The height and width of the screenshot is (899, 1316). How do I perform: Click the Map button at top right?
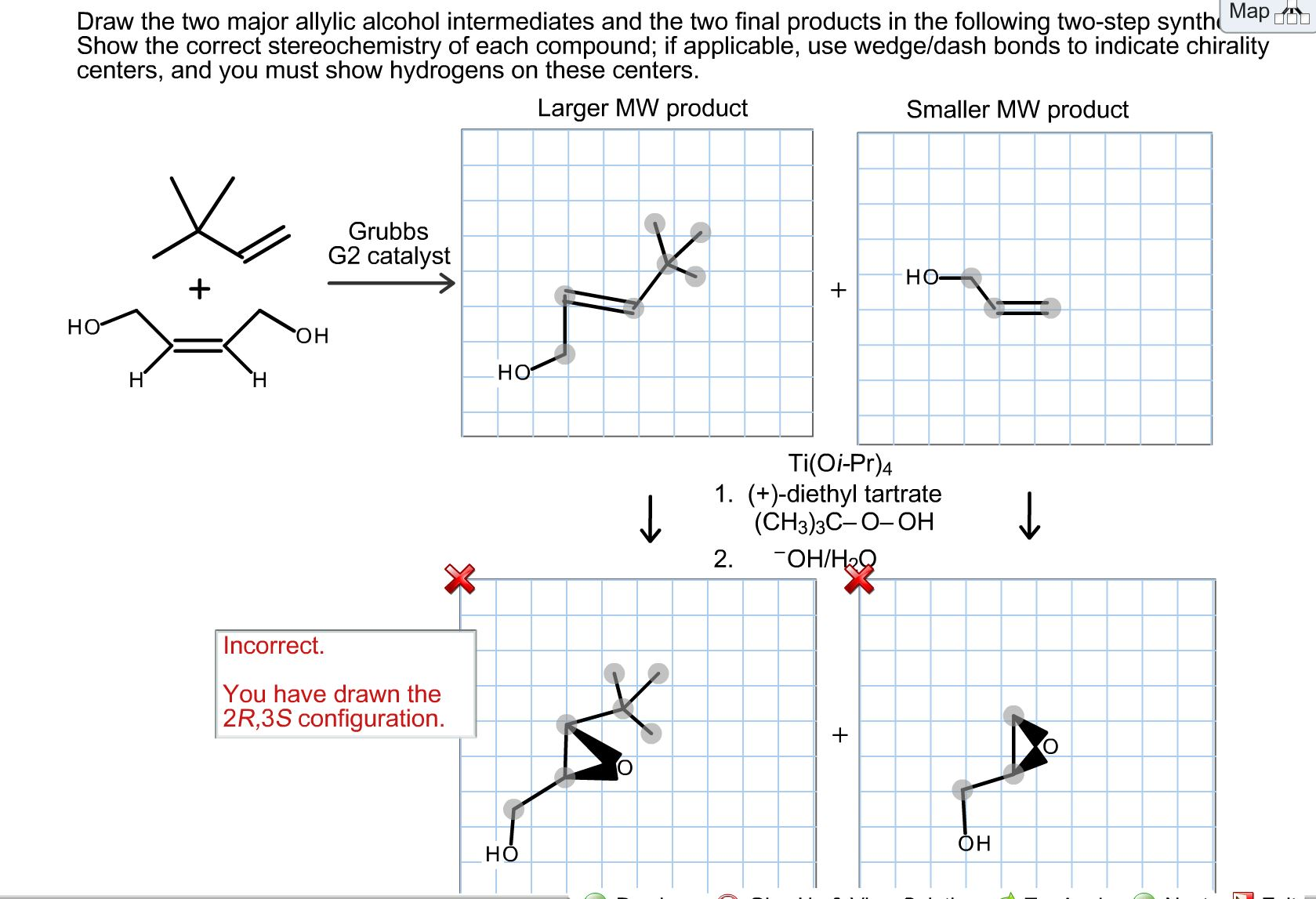[1250, 12]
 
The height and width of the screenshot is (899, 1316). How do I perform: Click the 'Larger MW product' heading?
[642, 108]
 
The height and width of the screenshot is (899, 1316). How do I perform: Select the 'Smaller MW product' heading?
[1017, 110]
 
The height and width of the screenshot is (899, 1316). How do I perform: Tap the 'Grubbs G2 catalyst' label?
[389, 243]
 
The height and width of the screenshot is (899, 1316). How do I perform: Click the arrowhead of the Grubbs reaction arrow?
[447, 283]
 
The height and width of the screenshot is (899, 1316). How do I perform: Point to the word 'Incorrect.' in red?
[274, 646]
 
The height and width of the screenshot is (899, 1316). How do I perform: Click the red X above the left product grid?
[459, 579]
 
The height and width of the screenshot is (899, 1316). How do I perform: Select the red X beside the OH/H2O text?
[859, 579]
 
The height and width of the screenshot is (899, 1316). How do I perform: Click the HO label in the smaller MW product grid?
[922, 277]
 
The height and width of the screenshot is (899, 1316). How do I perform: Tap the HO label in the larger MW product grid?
[514, 372]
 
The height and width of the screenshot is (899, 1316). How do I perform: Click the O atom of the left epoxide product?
[625, 767]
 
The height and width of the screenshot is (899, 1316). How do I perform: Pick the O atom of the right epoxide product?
[1050, 747]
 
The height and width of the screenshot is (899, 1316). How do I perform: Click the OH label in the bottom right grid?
[974, 843]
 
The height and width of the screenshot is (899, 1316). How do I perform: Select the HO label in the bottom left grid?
[502, 854]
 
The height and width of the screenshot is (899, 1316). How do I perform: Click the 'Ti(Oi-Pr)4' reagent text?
[839, 463]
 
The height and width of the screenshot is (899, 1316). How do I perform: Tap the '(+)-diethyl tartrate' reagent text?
[844, 494]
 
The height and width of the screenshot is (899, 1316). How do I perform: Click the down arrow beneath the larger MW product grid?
[650, 519]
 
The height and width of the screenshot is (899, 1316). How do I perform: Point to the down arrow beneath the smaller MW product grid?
[1029, 517]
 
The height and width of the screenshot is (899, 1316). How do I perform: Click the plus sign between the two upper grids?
[839, 290]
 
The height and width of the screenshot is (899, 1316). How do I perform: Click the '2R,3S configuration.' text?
[333, 719]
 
